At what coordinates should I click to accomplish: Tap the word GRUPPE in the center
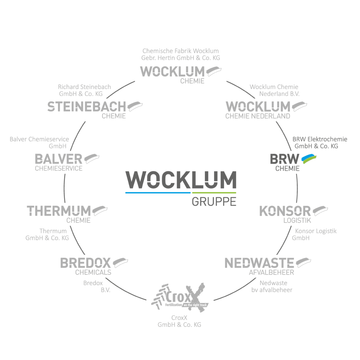[x=214, y=202]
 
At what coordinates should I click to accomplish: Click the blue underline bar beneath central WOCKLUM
[x=158, y=193]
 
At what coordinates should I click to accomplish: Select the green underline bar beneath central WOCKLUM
[x=214, y=193]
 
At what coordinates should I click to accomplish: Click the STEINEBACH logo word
[x=86, y=107]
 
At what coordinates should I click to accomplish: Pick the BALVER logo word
[x=58, y=159]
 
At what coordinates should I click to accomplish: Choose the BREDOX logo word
[x=85, y=263]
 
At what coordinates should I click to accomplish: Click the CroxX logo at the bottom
[x=179, y=295]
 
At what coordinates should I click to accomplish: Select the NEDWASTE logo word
[x=259, y=263]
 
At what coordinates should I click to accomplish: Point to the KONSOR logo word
[x=285, y=211]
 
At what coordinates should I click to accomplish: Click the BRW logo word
[x=284, y=159]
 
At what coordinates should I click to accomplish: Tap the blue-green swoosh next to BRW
[x=309, y=159]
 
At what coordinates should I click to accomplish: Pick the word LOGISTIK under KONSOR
[x=297, y=220]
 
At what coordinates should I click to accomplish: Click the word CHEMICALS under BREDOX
[x=93, y=272]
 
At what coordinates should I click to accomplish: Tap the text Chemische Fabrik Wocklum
[x=180, y=51]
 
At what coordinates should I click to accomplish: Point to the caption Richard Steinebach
[x=84, y=87]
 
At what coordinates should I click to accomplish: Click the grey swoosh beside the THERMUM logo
[x=99, y=210]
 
